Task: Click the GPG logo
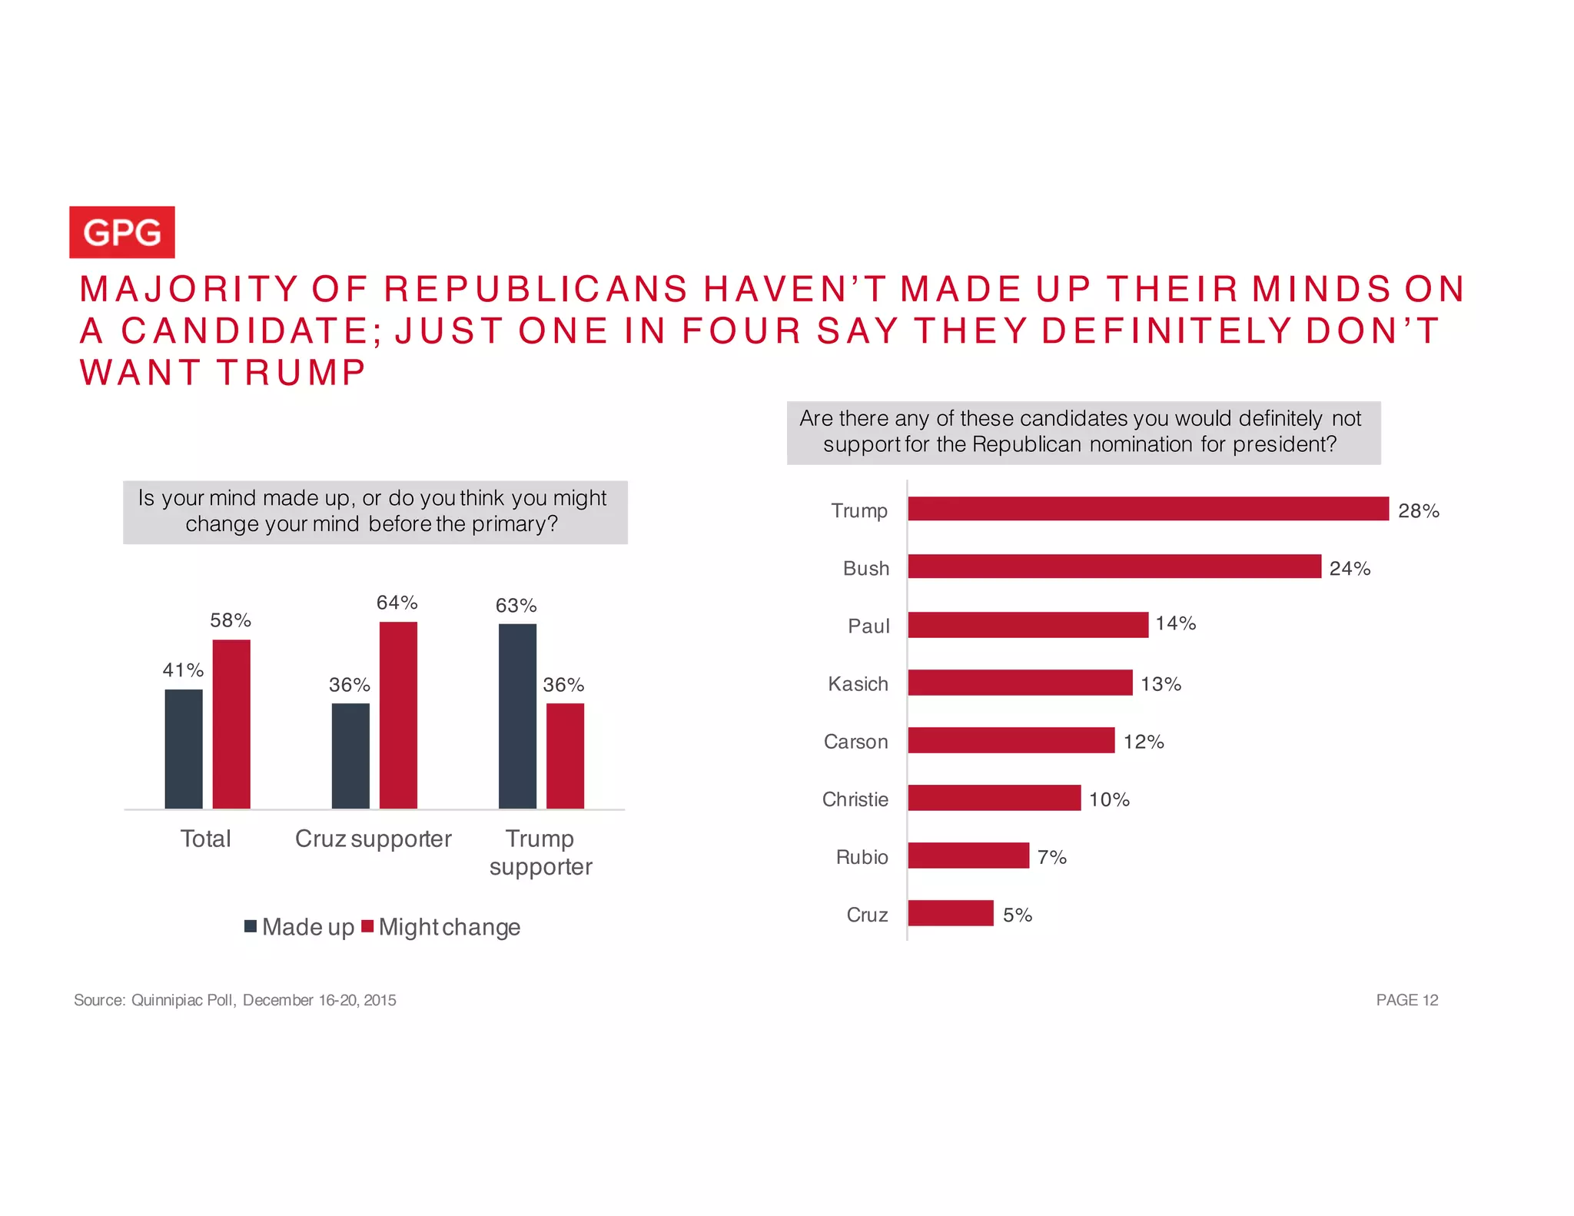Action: pos(121,232)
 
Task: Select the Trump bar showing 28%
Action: pos(1147,509)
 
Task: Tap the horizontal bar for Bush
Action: pos(1114,566)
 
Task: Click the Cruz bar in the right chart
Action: pos(950,913)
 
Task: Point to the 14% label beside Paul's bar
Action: pos(1175,623)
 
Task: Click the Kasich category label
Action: pos(858,683)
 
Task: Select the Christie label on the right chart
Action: pos(855,799)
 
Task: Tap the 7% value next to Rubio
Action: pos(1051,857)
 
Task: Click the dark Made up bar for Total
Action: pos(184,749)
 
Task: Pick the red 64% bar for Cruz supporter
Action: pos(398,715)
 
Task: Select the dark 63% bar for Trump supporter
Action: pos(517,716)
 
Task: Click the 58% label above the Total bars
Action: pos(231,620)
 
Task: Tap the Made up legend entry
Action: pos(300,927)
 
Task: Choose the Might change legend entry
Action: pos(443,927)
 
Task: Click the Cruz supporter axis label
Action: pos(373,839)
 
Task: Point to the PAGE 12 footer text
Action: pos(1406,1000)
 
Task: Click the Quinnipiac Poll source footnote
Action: pos(234,1000)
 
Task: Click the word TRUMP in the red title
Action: pos(291,373)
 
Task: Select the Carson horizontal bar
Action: pos(1011,740)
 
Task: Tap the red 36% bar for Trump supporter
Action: pos(565,756)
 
